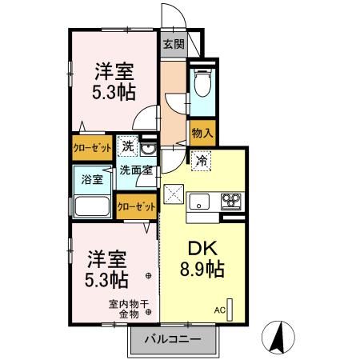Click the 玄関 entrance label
[173, 45]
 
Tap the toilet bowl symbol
[201, 83]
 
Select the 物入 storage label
[202, 134]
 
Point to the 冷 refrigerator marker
[202, 160]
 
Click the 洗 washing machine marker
[128, 146]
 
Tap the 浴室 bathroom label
[93, 179]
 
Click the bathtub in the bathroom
[94, 207]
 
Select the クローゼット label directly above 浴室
[93, 148]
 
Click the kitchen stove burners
[232, 200]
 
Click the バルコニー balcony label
[172, 338]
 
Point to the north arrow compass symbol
[279, 338]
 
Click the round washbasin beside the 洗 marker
[148, 148]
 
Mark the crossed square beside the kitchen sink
[173, 194]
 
